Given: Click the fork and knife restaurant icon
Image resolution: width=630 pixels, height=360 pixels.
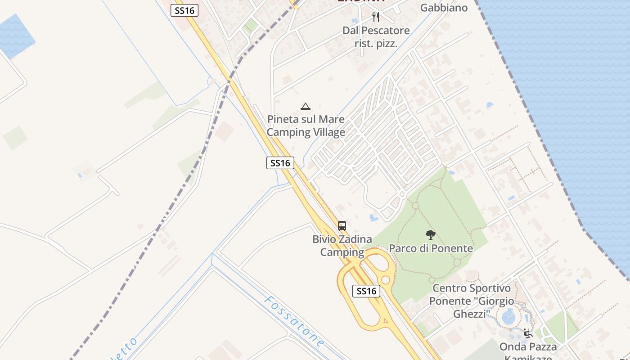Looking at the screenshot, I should pyautogui.click(x=376, y=17).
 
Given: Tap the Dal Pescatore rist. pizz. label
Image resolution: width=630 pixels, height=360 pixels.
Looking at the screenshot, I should pyautogui.click(x=376, y=37).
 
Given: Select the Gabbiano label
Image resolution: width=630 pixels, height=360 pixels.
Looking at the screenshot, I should pyautogui.click(x=444, y=8).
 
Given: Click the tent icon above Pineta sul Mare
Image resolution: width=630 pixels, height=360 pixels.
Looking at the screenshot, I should pyautogui.click(x=306, y=106).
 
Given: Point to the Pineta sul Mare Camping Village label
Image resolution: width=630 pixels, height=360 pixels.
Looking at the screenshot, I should pyautogui.click(x=306, y=126).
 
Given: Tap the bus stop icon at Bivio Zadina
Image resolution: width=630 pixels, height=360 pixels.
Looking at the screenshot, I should pyautogui.click(x=342, y=225).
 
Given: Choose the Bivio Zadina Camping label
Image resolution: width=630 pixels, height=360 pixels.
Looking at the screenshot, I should pyautogui.click(x=342, y=246).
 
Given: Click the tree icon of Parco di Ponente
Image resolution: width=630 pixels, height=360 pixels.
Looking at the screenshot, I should pyautogui.click(x=431, y=234).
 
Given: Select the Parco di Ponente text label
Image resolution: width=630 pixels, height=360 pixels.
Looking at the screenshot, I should pyautogui.click(x=431, y=248).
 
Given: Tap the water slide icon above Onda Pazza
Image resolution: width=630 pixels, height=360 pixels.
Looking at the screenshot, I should pyautogui.click(x=528, y=333).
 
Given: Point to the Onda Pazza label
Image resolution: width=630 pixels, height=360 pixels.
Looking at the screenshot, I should pyautogui.click(x=528, y=346).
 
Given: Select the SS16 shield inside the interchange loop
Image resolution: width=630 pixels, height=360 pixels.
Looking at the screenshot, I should pyautogui.click(x=366, y=291).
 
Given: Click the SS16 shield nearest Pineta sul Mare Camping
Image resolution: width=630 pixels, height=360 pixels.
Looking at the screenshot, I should pyautogui.click(x=280, y=162).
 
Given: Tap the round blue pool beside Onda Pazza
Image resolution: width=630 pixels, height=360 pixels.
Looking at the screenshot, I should pyautogui.click(x=508, y=316).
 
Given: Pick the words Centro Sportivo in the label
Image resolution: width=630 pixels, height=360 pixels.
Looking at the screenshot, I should pyautogui.click(x=472, y=288).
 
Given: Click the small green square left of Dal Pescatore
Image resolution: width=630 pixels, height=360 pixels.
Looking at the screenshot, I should pyautogui.click(x=249, y=25).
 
